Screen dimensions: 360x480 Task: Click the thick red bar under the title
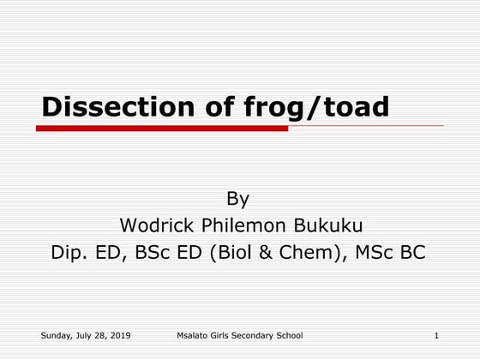tap(162, 129)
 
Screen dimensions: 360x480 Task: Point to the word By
tap(237, 200)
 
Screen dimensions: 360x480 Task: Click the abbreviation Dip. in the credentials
tap(69, 253)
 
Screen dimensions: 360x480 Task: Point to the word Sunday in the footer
tap(56, 334)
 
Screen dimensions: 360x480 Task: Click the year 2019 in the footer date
tap(119, 334)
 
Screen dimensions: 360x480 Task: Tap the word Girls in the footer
tap(227, 334)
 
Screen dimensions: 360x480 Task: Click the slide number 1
tap(437, 334)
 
